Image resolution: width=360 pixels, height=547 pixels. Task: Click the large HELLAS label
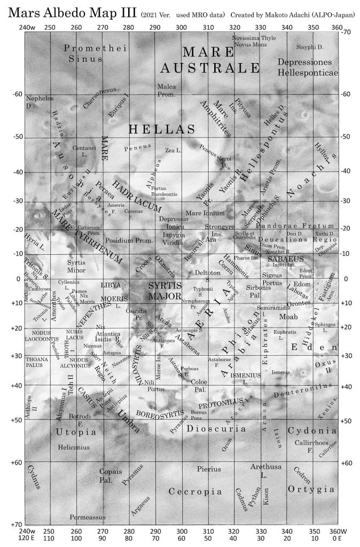coord(161,129)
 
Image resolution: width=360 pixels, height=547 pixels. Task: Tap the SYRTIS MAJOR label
coord(166,291)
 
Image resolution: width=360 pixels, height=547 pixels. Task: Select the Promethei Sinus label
coord(88,53)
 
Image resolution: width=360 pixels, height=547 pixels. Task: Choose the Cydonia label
coord(312,431)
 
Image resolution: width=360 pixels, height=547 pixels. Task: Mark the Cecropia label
coord(194,491)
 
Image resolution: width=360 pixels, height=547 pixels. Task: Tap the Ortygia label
coord(311,489)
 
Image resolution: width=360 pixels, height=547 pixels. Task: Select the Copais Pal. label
coord(111,475)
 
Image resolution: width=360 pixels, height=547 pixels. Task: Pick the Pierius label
coord(209,469)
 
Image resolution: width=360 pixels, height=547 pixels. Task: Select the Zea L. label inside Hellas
coord(173,151)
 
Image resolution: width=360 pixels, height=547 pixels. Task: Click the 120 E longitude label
coord(27,539)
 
